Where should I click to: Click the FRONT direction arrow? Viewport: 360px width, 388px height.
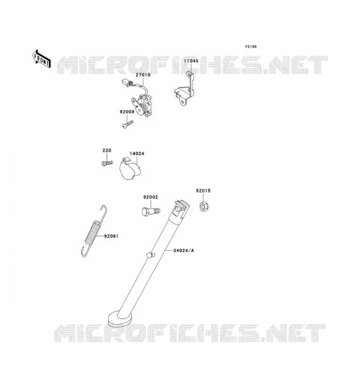point(41,59)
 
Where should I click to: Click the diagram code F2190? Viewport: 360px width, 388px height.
point(251,47)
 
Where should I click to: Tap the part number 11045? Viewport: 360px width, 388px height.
point(191,61)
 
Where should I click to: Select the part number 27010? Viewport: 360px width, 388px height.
point(143,75)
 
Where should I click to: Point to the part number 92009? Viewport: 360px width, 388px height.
point(127,112)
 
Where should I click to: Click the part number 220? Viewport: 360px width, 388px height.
point(107,150)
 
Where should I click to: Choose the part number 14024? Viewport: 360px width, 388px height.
point(137,154)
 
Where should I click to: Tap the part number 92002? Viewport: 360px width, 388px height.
point(150,197)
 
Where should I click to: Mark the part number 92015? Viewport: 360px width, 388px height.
point(203,191)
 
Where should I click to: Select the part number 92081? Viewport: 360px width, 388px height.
point(111,236)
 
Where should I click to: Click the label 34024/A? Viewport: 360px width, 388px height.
point(183,251)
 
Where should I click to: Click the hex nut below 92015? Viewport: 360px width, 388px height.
point(204,206)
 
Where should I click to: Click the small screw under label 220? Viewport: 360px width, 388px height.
point(107,163)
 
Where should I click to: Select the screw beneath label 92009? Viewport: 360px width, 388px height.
point(128,124)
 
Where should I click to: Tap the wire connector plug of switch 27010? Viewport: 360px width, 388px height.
point(127,82)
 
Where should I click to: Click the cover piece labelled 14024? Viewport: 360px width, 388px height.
point(130,168)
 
